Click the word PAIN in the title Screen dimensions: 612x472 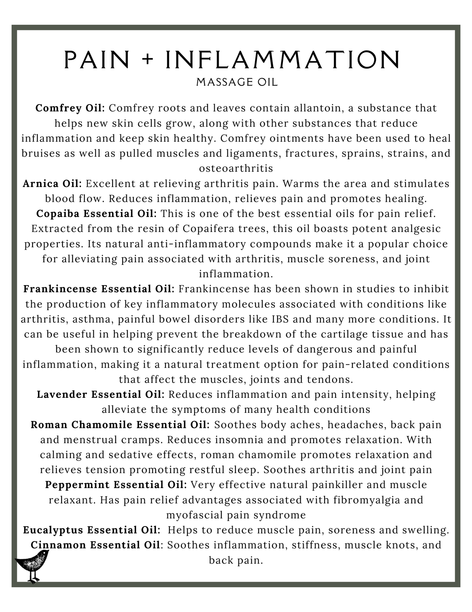click(x=97, y=60)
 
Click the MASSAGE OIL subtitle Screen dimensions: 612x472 click(x=237, y=82)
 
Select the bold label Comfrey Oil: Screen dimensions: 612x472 click(x=70, y=108)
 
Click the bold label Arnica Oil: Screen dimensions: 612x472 click(x=52, y=184)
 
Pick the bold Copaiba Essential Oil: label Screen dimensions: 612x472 click(x=97, y=214)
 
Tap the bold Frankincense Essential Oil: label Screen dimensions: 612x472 click(x=99, y=289)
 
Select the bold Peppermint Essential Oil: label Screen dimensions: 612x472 click(x=116, y=484)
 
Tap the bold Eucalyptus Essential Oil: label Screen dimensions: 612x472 click(x=92, y=530)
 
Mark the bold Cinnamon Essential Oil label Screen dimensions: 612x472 click(x=95, y=545)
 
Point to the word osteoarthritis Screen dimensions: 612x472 click(x=236, y=168)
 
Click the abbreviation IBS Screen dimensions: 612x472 click(x=280, y=319)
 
